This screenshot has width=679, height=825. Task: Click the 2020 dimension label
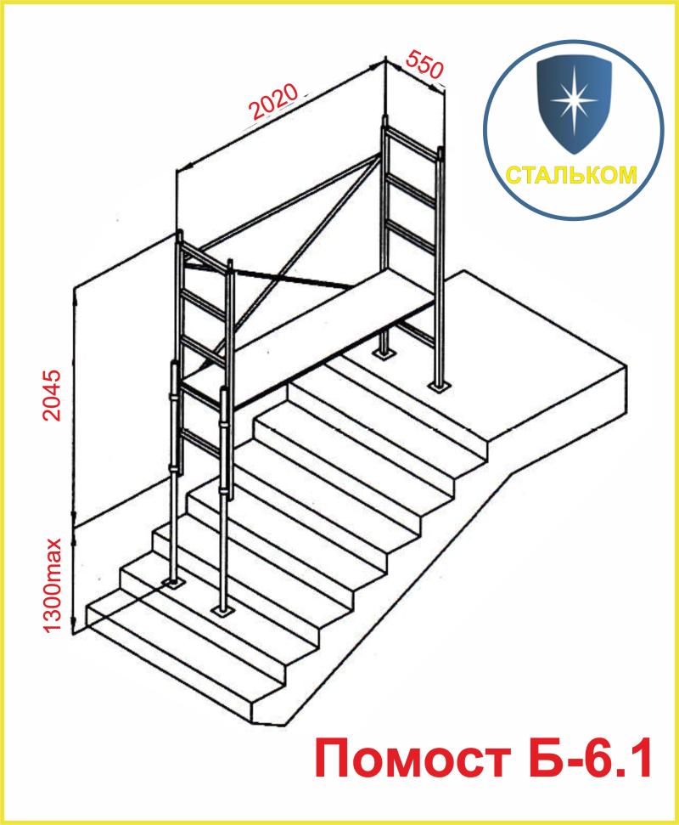click(273, 101)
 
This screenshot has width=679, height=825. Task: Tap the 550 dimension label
click(424, 64)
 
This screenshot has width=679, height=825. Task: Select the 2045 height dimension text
click(52, 395)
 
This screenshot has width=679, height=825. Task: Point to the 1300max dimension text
click(53, 585)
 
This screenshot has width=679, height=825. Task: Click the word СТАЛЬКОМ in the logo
click(571, 175)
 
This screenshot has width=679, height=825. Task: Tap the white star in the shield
click(574, 99)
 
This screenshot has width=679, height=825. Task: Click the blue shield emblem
click(574, 104)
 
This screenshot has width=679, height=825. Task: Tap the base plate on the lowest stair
click(223, 610)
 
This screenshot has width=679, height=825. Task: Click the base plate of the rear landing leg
click(385, 353)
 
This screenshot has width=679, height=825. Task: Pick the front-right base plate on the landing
click(437, 387)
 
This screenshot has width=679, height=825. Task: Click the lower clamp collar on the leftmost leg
click(173, 469)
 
